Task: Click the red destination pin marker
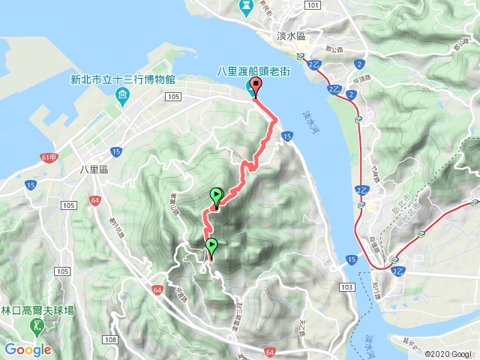pos(255,87)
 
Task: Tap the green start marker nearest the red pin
pos(217,196)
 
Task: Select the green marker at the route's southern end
pos(211,246)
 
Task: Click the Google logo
pos(27,349)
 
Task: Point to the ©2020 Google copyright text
pos(450,354)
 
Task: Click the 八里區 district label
pos(94,169)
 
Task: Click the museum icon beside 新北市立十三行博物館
pos(123,94)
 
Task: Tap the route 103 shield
pos(346,286)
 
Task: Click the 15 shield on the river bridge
pos(288,135)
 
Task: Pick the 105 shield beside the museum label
pos(174,97)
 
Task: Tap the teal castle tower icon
pos(245,6)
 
